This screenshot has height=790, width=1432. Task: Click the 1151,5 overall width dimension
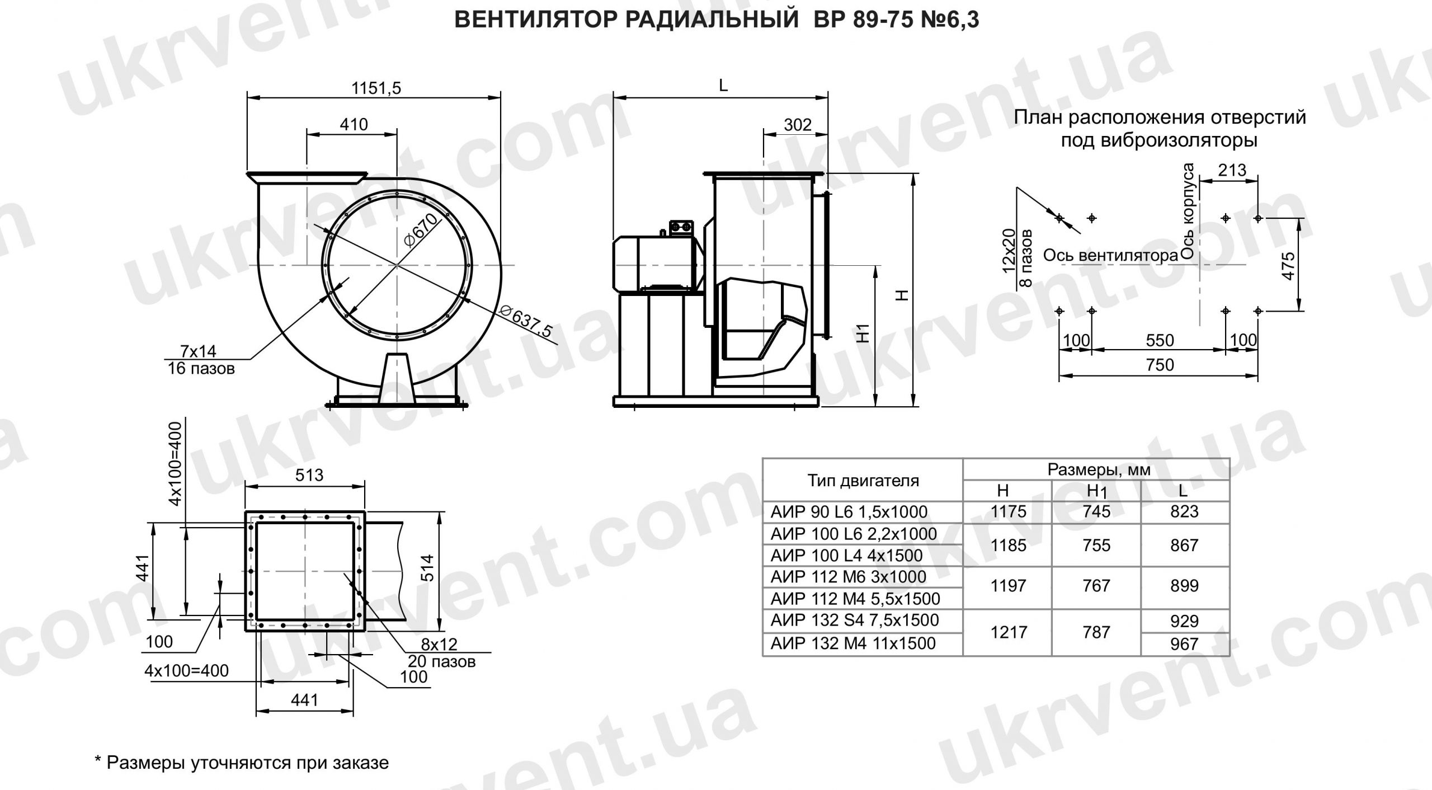[x=376, y=88]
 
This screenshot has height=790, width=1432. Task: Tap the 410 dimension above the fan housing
[x=354, y=124]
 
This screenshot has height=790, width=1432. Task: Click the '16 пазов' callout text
[x=201, y=369]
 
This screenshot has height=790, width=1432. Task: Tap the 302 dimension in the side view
[x=797, y=124]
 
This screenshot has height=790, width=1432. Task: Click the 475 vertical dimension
[x=1288, y=266]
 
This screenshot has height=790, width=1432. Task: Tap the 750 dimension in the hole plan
[x=1160, y=365]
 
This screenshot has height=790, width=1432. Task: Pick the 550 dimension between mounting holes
[x=1160, y=340]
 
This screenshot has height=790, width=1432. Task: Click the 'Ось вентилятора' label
[x=1110, y=256]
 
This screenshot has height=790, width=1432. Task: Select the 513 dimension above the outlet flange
[x=309, y=475]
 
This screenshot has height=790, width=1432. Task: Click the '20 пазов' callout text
[x=441, y=662]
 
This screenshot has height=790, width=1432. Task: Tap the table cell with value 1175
[x=1008, y=511]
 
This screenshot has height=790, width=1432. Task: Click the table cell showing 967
[x=1184, y=644]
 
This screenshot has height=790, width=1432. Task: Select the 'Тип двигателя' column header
[x=863, y=480]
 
